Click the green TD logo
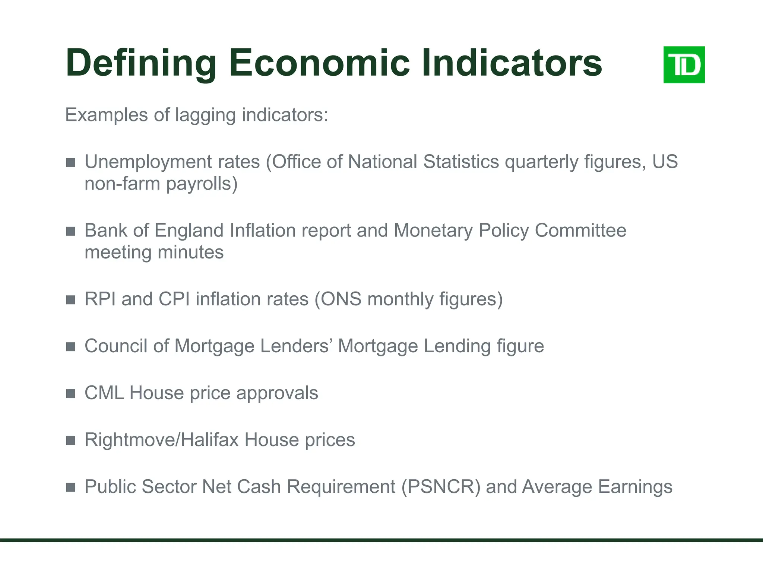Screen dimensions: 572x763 tap(684, 65)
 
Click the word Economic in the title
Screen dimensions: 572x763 tap(319, 63)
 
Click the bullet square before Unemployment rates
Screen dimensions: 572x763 tap(70, 162)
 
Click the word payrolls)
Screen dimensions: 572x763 tap(202, 184)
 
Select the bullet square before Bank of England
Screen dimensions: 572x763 tap(70, 231)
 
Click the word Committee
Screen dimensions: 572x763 tap(580, 231)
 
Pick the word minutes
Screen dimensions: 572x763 tap(190, 252)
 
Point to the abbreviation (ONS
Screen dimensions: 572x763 tap(338, 299)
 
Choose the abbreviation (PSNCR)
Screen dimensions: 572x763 tap(441, 487)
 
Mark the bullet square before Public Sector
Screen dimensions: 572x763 tap(70, 487)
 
